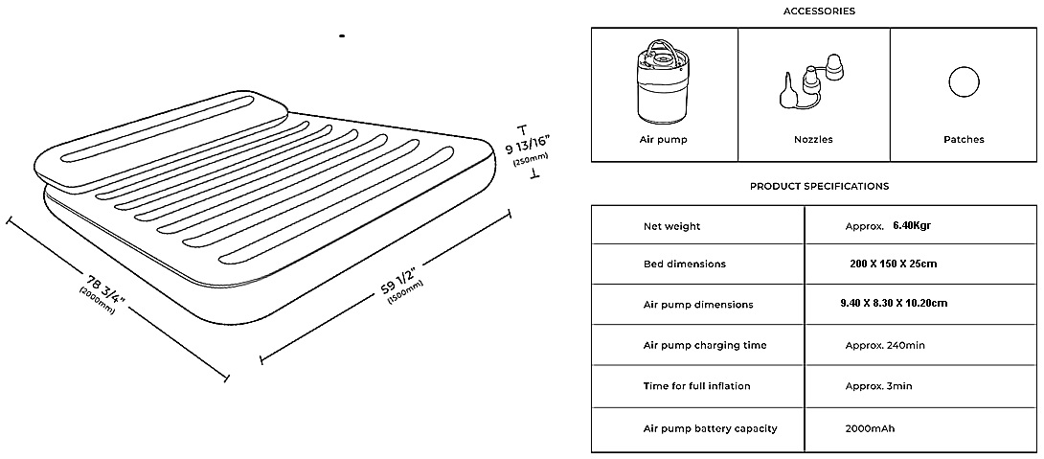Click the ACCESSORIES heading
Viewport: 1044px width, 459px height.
coord(819,11)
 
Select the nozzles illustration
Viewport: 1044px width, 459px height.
coord(813,85)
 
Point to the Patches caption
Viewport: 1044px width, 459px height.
coord(963,140)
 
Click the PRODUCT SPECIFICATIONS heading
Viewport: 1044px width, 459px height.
coord(819,186)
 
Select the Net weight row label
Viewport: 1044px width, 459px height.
coord(671,227)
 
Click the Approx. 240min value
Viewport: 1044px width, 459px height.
coord(885,345)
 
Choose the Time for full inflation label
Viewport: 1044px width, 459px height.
coord(696,386)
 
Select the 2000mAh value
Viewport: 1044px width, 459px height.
coord(872,428)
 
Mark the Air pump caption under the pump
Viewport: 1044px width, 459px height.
coord(663,140)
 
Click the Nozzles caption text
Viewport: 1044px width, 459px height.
coord(813,140)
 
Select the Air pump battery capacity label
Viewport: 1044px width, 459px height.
coord(710,428)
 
